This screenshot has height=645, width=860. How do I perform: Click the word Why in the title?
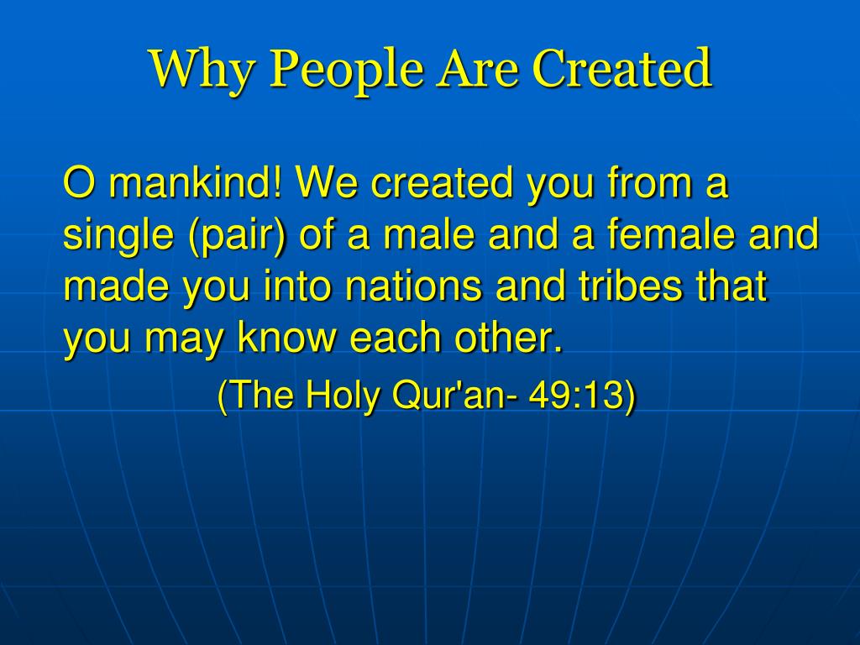click(x=202, y=71)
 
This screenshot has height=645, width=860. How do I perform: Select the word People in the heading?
click(x=347, y=71)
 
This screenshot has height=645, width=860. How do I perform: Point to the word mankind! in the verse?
click(x=195, y=181)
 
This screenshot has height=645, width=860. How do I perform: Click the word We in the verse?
click(x=327, y=181)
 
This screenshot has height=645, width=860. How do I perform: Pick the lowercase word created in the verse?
click(x=443, y=181)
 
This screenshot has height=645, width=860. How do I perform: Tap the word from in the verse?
click(x=650, y=181)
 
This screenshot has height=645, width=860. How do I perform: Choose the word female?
click(x=670, y=233)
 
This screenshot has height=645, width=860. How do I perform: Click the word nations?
click(x=413, y=285)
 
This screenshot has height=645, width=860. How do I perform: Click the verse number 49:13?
click(x=576, y=395)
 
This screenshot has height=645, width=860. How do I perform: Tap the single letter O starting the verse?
click(x=80, y=181)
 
